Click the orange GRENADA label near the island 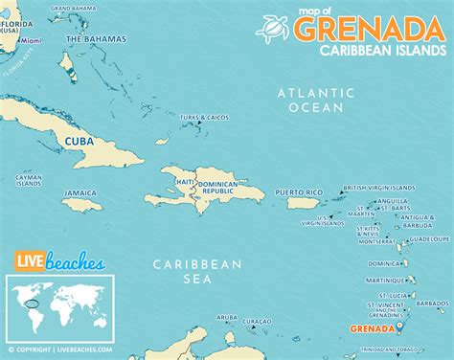372,328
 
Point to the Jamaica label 80,192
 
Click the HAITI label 185,182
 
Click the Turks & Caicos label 204,118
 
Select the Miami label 32,42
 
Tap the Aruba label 226,317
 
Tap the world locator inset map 60,305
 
